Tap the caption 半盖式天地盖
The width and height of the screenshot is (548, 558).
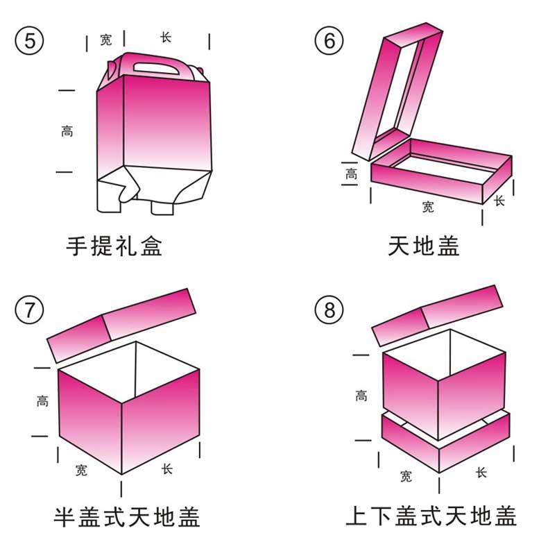pyautogui.click(x=127, y=517)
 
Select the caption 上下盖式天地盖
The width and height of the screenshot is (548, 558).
pyautogui.click(x=431, y=517)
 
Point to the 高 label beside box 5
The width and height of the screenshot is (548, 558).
pyautogui.click(x=67, y=130)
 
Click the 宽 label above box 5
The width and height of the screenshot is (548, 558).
pyautogui.click(x=105, y=40)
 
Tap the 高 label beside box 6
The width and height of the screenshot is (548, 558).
pyautogui.click(x=352, y=174)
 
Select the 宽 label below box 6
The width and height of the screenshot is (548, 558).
pyautogui.click(x=428, y=207)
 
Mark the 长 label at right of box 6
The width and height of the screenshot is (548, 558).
pyautogui.click(x=499, y=200)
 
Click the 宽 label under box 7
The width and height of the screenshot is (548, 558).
pyautogui.click(x=81, y=471)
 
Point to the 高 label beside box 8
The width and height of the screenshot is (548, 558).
pyautogui.click(x=361, y=396)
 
